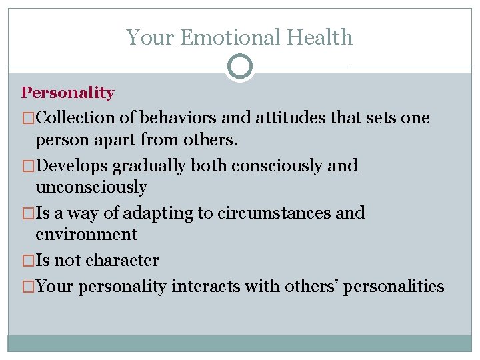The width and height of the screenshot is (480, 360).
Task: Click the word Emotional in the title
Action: (x=233, y=37)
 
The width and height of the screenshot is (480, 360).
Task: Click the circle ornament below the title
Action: (x=240, y=67)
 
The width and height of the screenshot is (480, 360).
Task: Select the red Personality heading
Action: (x=67, y=93)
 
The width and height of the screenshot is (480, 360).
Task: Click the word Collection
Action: (x=75, y=118)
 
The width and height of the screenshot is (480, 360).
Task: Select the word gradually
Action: (x=150, y=165)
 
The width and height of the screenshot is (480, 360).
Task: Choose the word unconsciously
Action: (x=91, y=187)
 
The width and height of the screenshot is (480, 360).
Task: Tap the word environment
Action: (x=86, y=235)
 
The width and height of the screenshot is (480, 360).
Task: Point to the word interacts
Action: (x=204, y=287)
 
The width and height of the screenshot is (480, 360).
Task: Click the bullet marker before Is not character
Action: (x=28, y=261)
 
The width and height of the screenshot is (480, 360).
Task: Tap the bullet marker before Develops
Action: (x=28, y=166)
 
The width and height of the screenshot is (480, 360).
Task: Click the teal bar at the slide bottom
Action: (x=240, y=343)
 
